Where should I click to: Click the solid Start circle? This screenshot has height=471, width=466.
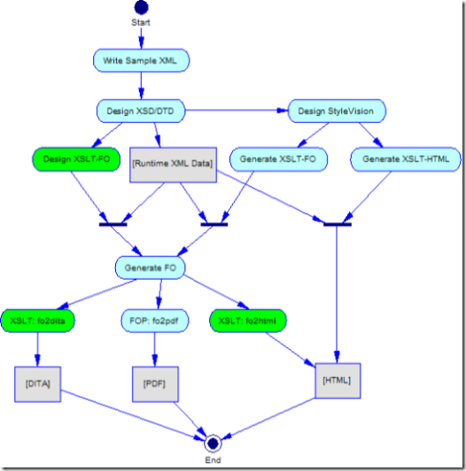tap(141, 7)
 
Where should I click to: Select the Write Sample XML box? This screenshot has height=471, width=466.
tap(141, 60)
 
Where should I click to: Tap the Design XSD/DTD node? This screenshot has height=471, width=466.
tap(141, 112)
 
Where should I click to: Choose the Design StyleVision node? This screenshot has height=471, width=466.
tap(337, 112)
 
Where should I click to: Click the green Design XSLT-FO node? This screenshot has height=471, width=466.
tap(76, 159)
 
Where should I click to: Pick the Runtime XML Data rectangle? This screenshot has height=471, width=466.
tap(173, 165)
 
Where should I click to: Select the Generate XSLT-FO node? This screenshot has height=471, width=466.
tap(278, 159)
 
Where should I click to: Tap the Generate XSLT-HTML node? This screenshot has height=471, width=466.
tap(406, 159)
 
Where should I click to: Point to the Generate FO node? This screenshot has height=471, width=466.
tap(151, 267)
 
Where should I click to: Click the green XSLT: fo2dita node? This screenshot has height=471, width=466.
tap(37, 320)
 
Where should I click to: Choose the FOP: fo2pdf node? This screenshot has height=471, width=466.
tap(154, 320)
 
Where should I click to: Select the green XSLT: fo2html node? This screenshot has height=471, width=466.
tap(248, 320)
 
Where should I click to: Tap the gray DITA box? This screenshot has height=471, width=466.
tap(37, 384)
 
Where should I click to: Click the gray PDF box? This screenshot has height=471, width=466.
tap(155, 384)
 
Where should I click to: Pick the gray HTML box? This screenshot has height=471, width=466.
tap(338, 381)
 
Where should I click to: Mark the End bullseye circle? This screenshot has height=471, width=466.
tap(213, 444)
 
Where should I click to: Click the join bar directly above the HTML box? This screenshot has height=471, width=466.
tap(338, 224)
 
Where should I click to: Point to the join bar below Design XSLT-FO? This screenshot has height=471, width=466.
tap(113, 224)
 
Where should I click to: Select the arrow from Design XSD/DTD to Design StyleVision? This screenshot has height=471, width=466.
tap(237, 111)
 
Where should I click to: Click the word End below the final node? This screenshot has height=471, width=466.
tap(213, 460)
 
